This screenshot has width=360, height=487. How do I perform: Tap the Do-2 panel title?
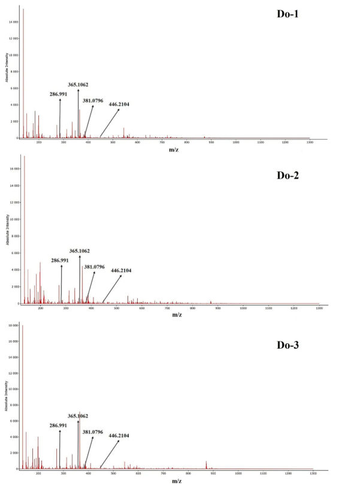point(288,175)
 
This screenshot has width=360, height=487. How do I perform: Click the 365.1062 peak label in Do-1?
point(78,84)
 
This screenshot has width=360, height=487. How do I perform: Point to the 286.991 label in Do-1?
point(59,94)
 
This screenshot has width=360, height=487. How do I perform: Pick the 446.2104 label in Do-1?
point(119,104)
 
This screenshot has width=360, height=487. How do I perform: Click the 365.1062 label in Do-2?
point(80,251)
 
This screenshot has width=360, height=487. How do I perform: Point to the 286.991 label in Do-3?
point(60,425)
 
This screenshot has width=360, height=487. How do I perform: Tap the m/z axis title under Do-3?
point(176,480)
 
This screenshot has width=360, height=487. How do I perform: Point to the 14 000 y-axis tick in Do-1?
point(13,22)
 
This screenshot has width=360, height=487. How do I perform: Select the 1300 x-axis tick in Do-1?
point(309,143)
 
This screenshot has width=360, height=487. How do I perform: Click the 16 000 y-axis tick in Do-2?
point(14,169)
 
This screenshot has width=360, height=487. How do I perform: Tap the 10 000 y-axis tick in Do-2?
point(14,219)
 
